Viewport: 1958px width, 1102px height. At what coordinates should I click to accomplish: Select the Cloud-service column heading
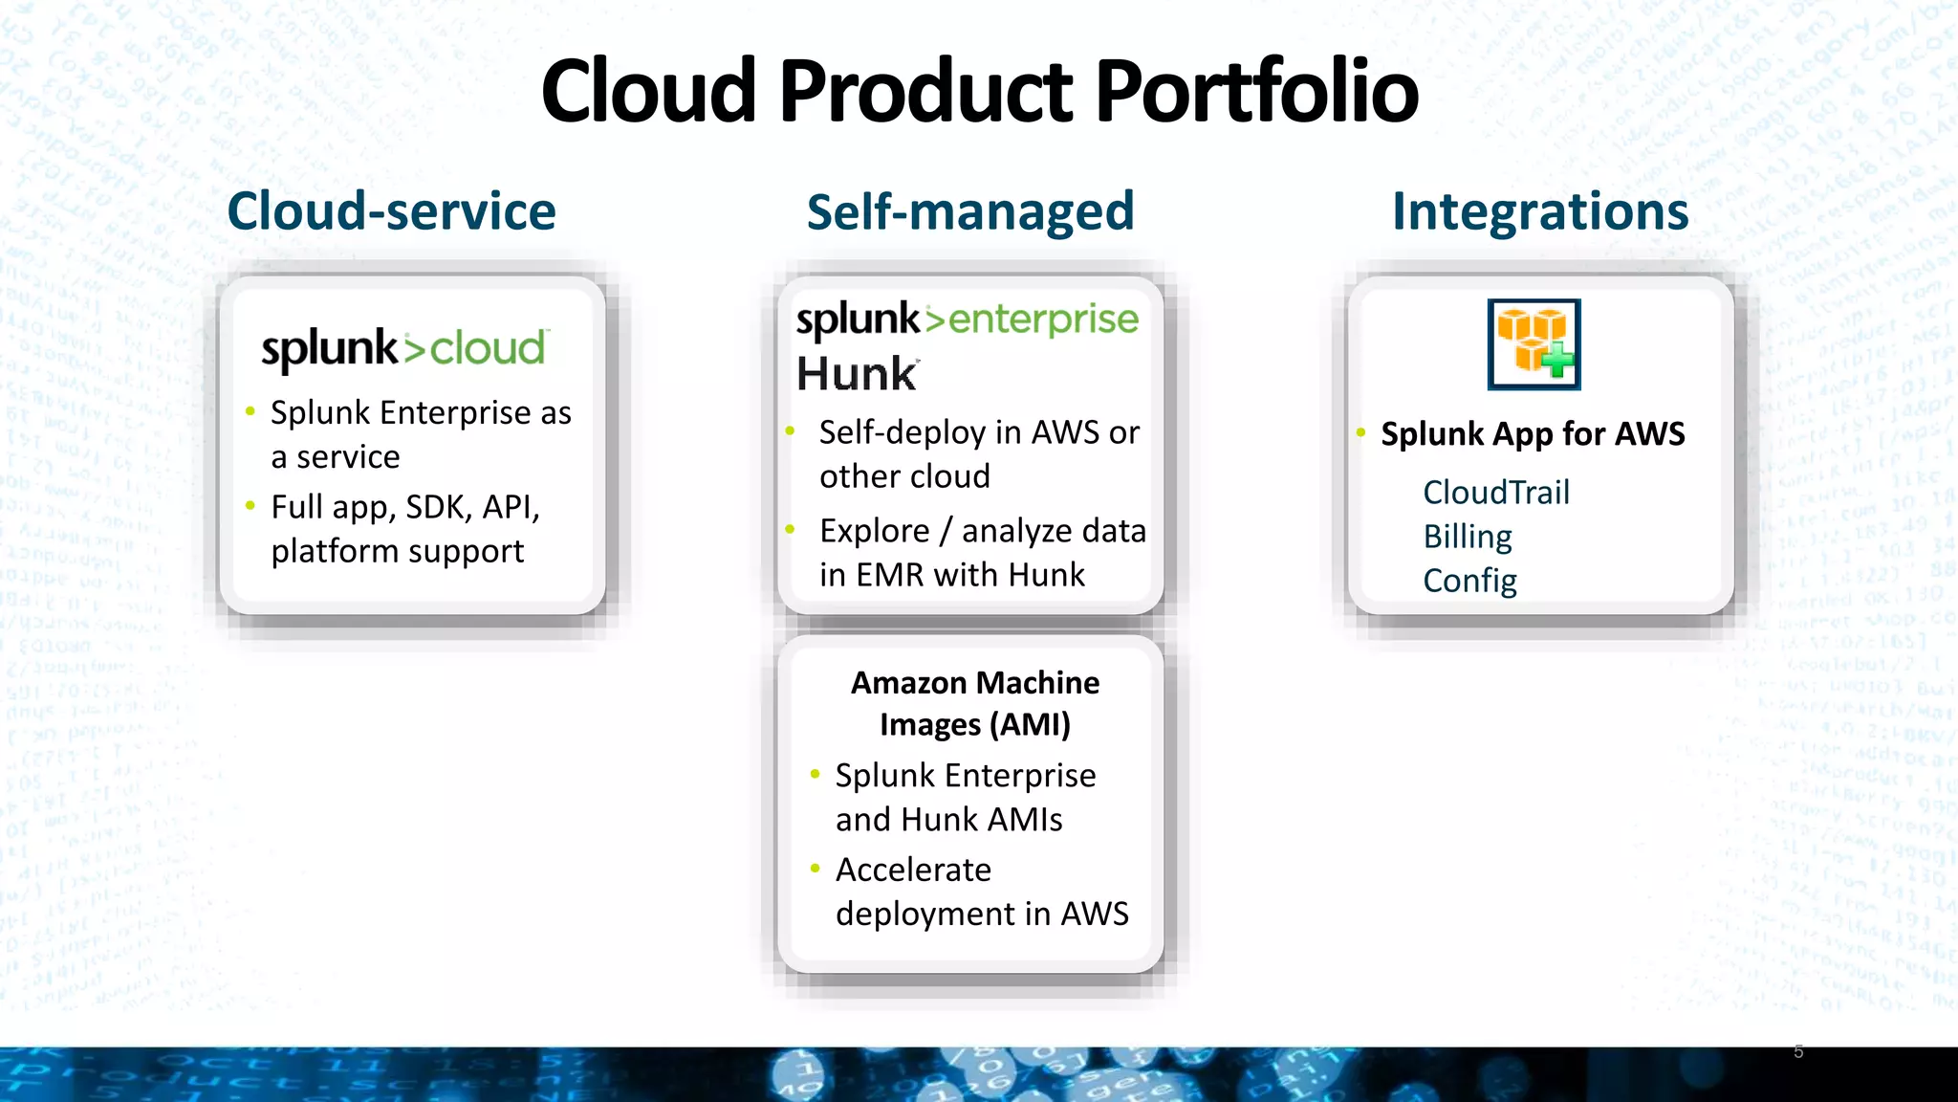(x=391, y=211)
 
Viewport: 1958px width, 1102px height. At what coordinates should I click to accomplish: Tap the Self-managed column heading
(x=969, y=212)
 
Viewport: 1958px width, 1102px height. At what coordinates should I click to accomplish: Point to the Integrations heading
(x=1539, y=211)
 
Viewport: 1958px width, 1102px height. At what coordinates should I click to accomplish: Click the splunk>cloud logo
(x=404, y=348)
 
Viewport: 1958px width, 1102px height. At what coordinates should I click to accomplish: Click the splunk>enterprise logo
(x=967, y=320)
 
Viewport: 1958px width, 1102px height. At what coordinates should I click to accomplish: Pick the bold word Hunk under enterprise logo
(x=857, y=373)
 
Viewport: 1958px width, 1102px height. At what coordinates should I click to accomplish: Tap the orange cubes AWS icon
(x=1534, y=344)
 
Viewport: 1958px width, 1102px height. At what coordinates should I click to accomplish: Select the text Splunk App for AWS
(x=1532, y=434)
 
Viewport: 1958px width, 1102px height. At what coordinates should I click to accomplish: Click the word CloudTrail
(x=1495, y=493)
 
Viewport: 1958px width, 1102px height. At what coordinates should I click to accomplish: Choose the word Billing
(x=1467, y=537)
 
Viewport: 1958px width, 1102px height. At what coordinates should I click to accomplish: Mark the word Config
(x=1468, y=581)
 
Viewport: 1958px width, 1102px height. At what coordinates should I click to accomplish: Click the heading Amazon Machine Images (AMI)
(x=974, y=703)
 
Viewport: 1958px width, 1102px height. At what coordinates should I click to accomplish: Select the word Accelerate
(x=912, y=870)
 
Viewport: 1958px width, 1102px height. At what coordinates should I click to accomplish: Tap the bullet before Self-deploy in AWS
(x=790, y=431)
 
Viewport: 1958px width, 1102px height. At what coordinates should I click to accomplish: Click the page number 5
(x=1798, y=1051)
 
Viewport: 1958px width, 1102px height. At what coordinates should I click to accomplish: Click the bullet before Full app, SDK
(x=250, y=505)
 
